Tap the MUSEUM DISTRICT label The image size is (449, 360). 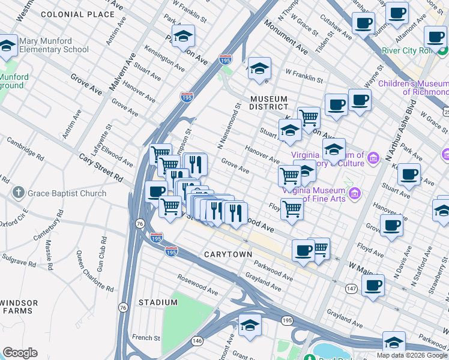tap(269, 103)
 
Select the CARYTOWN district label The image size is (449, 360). tap(228, 254)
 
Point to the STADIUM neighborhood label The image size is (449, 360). tap(158, 302)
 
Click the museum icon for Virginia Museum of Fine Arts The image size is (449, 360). tap(355, 193)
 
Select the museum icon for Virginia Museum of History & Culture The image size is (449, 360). tap(374, 158)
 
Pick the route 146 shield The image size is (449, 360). tap(197, 341)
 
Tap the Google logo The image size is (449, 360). tap(20, 353)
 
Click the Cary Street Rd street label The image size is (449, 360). tap(101, 167)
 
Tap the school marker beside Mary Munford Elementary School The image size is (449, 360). tap(7, 46)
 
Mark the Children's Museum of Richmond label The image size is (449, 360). tap(413, 87)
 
